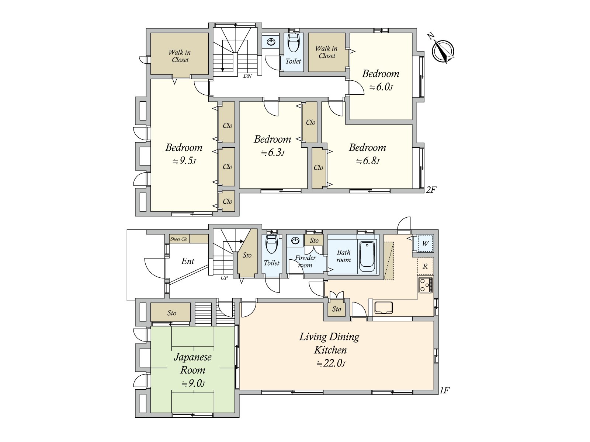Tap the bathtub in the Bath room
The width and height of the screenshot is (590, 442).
[x=367, y=257]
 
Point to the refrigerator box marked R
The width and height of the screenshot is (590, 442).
[x=425, y=266]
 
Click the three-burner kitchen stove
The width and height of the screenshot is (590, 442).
[x=425, y=285]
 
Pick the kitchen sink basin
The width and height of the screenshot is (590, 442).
[x=383, y=308]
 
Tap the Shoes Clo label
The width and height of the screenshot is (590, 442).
[x=179, y=239]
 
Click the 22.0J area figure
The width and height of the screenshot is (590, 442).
[x=331, y=364]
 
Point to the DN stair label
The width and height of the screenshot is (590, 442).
[x=247, y=76]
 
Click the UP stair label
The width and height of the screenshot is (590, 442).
[x=224, y=278]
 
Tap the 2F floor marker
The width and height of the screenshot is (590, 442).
[x=431, y=190]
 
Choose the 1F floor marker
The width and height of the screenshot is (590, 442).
[x=445, y=390]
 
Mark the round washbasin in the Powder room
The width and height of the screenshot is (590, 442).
[x=295, y=241]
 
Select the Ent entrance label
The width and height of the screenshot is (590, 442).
[x=188, y=261]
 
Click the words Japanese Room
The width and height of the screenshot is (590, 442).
[x=192, y=364]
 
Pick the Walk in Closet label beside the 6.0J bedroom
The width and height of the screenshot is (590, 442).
[x=327, y=52]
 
